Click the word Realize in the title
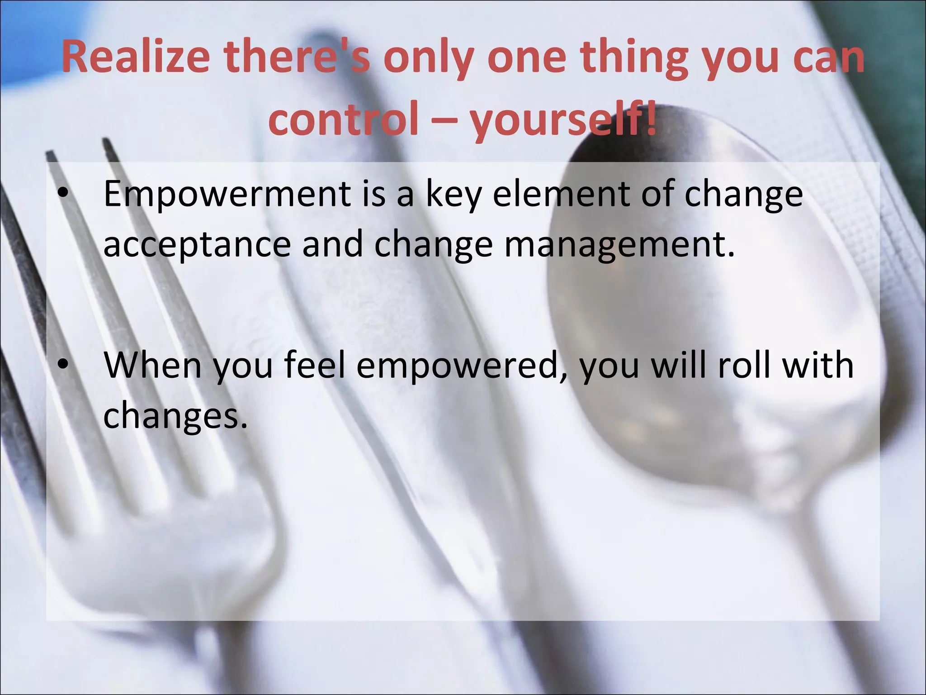click(x=136, y=58)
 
